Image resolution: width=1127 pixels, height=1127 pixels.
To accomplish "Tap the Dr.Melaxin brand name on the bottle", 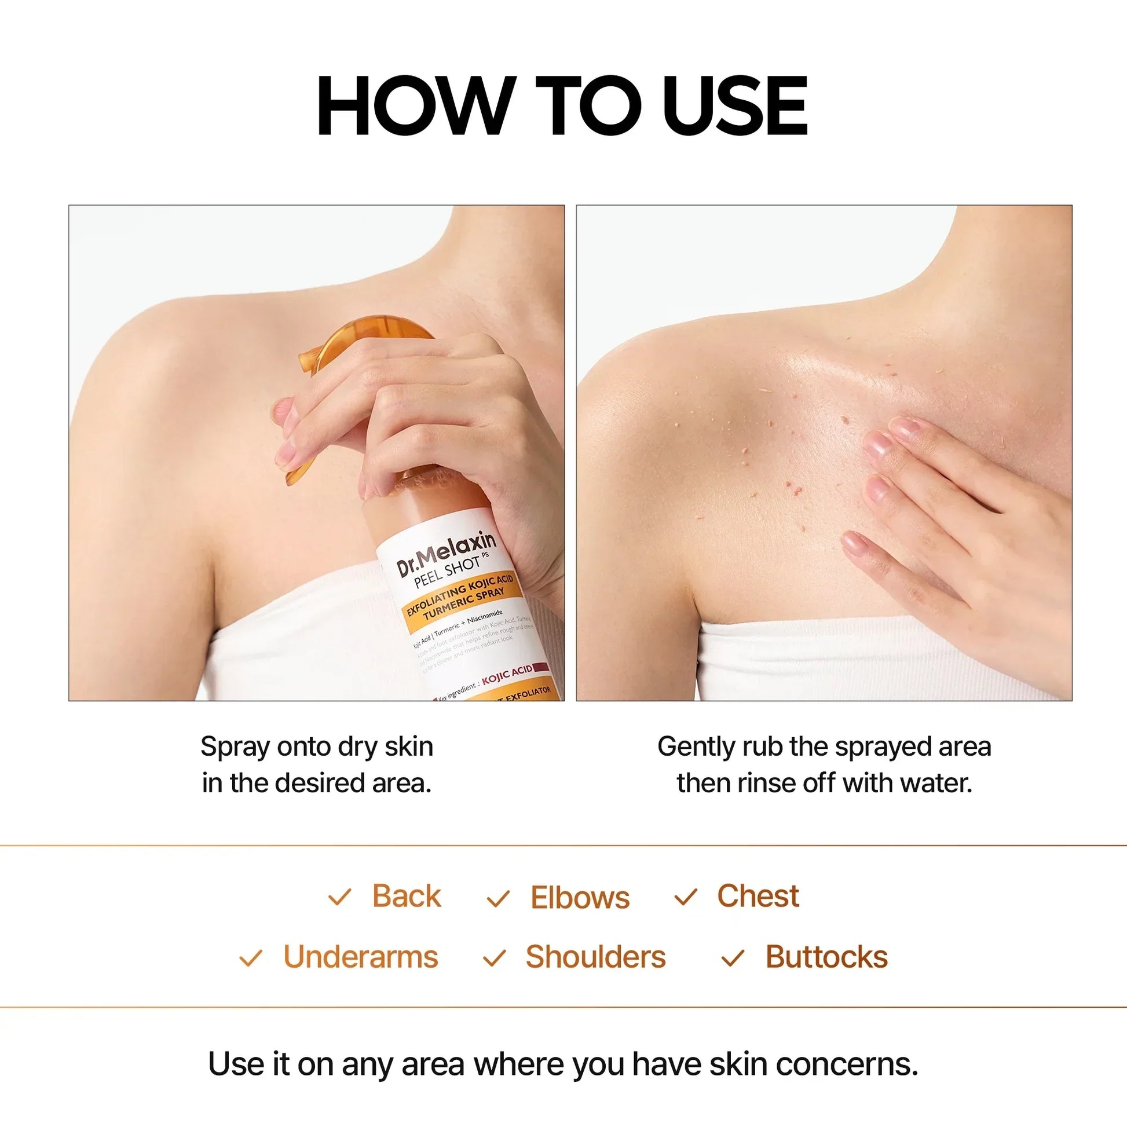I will tap(447, 552).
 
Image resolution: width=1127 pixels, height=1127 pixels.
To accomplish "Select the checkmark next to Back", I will tap(339, 897).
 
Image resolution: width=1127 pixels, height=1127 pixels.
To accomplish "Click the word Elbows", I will tap(580, 898).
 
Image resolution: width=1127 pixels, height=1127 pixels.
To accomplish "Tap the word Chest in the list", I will tap(758, 896).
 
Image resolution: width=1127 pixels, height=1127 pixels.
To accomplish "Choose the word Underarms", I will tap(360, 957).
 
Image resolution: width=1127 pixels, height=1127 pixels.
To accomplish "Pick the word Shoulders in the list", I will tap(595, 957).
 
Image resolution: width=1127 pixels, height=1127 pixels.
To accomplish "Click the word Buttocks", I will tap(826, 957).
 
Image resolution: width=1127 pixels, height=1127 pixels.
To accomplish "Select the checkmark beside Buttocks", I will tap(733, 958).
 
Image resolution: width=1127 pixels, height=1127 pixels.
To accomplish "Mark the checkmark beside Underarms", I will tap(251, 958).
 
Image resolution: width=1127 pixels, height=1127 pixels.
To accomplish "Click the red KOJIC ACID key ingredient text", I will tap(507, 674).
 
